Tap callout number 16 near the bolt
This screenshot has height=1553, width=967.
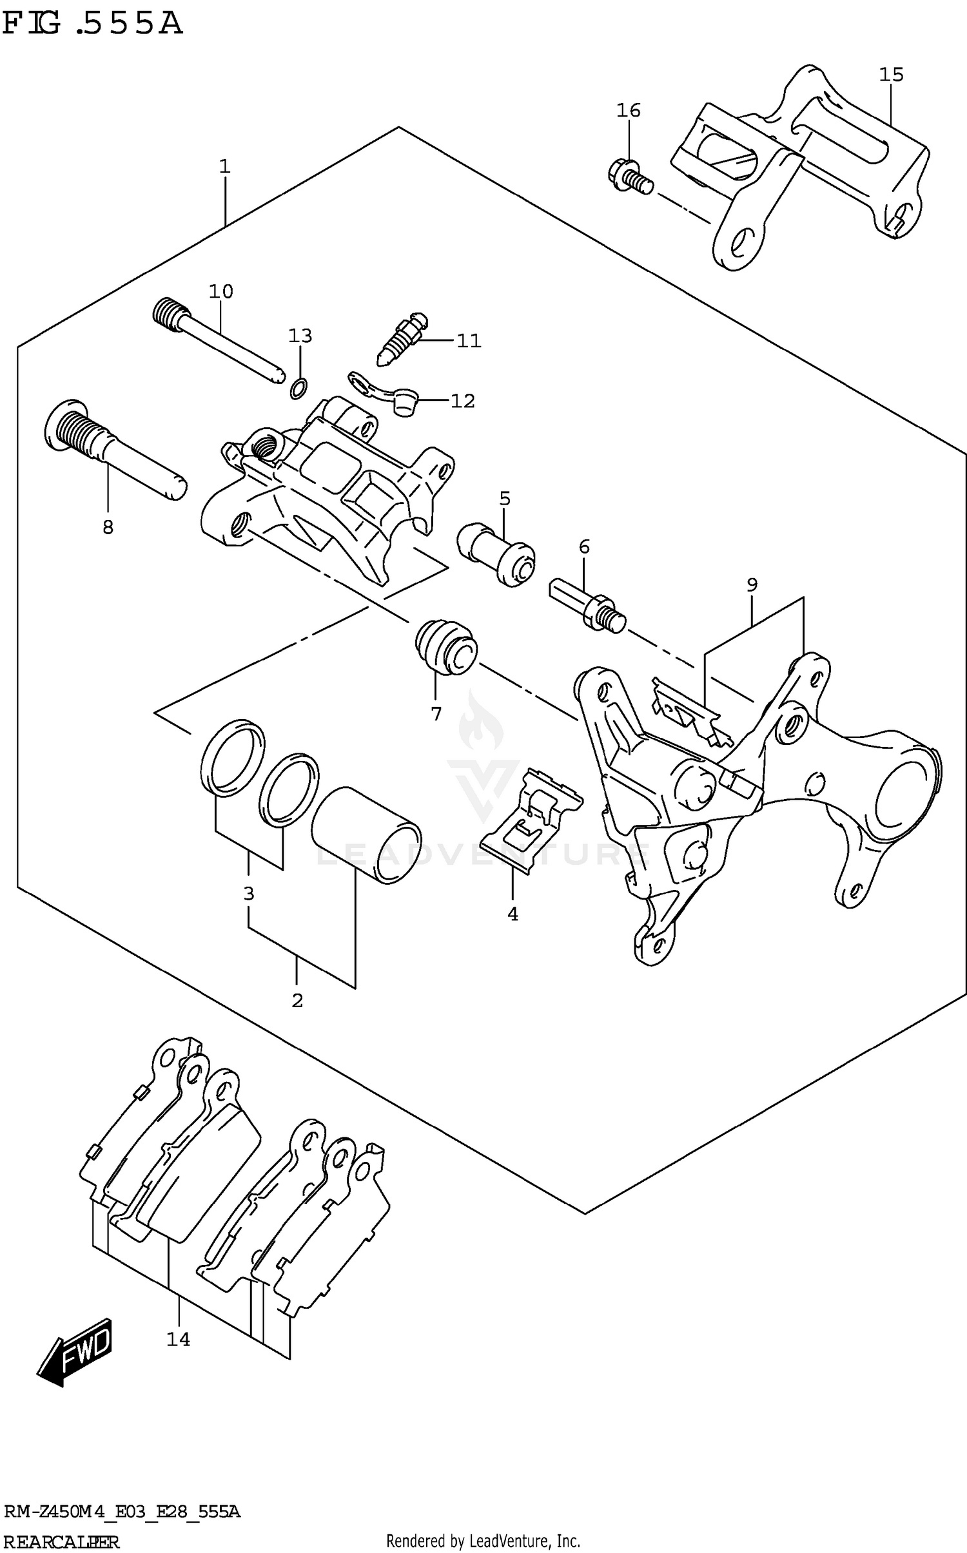[628, 111]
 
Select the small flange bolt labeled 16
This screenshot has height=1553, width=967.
[629, 176]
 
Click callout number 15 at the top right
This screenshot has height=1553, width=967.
[891, 75]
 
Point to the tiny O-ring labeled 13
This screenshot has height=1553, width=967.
[298, 388]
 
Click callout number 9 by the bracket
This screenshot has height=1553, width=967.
[752, 584]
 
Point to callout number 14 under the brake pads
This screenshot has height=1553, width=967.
[178, 1340]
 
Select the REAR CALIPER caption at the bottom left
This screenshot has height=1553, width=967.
[61, 1541]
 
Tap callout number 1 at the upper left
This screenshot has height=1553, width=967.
[224, 167]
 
